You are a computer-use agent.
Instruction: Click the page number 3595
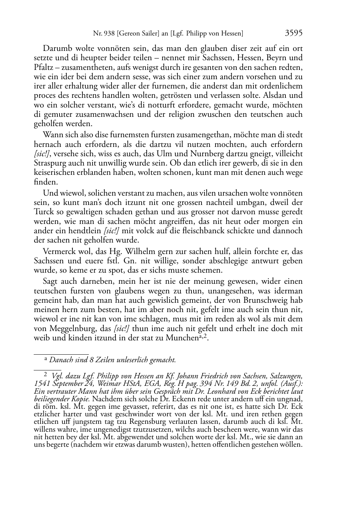294,33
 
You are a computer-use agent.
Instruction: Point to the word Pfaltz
43,67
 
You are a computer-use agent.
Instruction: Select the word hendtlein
85,231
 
